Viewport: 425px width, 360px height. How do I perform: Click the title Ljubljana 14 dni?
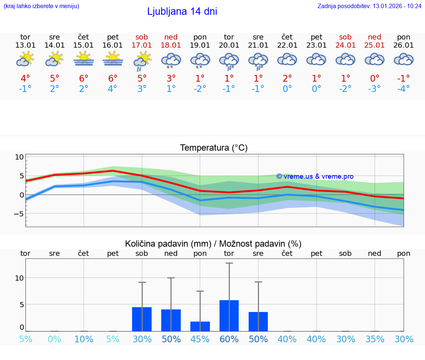pyautogui.click(x=182, y=11)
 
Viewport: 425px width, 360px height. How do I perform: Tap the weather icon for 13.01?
pyautogui.click(x=25, y=59)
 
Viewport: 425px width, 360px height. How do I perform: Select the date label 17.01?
pyautogui.click(x=142, y=45)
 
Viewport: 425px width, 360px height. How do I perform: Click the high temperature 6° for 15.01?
pyautogui.click(x=84, y=79)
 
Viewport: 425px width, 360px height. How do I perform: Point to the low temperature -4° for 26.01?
pyautogui.click(x=404, y=89)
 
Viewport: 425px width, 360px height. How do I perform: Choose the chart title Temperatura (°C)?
pyautogui.click(x=214, y=148)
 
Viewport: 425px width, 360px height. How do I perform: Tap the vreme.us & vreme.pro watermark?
pyautogui.click(x=315, y=176)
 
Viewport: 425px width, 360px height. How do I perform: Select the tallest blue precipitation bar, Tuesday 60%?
pyautogui.click(x=229, y=316)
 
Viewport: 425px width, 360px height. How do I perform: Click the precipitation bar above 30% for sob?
pyautogui.click(x=142, y=319)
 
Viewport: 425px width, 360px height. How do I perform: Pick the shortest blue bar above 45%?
pyautogui.click(x=200, y=326)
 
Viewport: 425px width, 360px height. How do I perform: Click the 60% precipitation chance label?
pyautogui.click(x=229, y=339)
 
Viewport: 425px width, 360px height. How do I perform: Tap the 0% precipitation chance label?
pyautogui.click(x=54, y=339)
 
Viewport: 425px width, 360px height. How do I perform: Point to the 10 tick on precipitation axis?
pyautogui.click(x=19, y=278)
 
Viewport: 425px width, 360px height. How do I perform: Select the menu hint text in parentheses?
pyautogui.click(x=41, y=6)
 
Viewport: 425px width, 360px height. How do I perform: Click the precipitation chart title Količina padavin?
pyautogui.click(x=213, y=244)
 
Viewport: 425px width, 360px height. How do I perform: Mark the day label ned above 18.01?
pyautogui.click(x=171, y=37)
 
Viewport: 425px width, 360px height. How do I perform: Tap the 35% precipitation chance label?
pyautogui.click(x=375, y=339)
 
